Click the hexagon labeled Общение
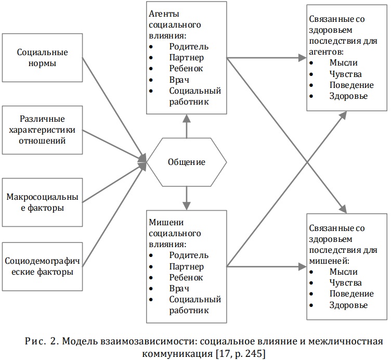pos(187,162)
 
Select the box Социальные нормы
pos(42,58)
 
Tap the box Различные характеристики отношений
pos(42,130)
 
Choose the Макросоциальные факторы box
pos(42,202)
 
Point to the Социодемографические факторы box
pos(42,266)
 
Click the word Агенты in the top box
pos(164,14)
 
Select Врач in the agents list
pos(179,80)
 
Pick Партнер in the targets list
pos(187,267)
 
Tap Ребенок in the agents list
pos(186,69)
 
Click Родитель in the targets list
pos(189,255)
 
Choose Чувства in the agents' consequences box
pos(346,74)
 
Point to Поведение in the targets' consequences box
pos(351,294)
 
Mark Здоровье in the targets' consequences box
pos(348,305)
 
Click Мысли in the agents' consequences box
pos(344,62)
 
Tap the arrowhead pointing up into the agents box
pos(187,118)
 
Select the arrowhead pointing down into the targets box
pos(187,206)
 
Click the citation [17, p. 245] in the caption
pos(240,354)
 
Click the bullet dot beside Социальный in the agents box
pos(151,91)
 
